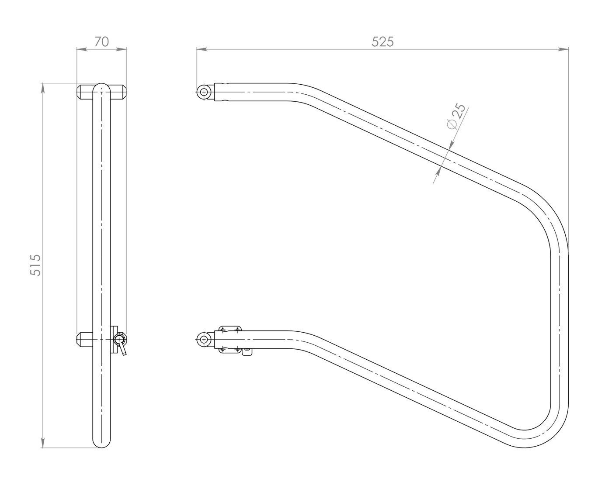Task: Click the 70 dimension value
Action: [101, 42]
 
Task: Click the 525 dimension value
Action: [382, 42]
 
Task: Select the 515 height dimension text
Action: [36, 265]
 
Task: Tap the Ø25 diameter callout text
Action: [456, 117]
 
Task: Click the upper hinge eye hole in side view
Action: [204, 92]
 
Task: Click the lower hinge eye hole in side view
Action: [204, 340]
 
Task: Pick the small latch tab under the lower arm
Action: [247, 351]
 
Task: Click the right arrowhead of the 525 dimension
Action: [563, 49]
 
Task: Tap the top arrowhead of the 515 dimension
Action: [43, 88]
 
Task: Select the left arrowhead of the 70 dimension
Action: [82, 49]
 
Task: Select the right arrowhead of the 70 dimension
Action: [121, 49]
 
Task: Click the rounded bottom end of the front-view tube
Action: [101, 443]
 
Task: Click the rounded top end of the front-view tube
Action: [101, 88]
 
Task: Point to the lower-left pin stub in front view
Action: [85, 340]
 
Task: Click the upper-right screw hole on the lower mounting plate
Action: [237, 330]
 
